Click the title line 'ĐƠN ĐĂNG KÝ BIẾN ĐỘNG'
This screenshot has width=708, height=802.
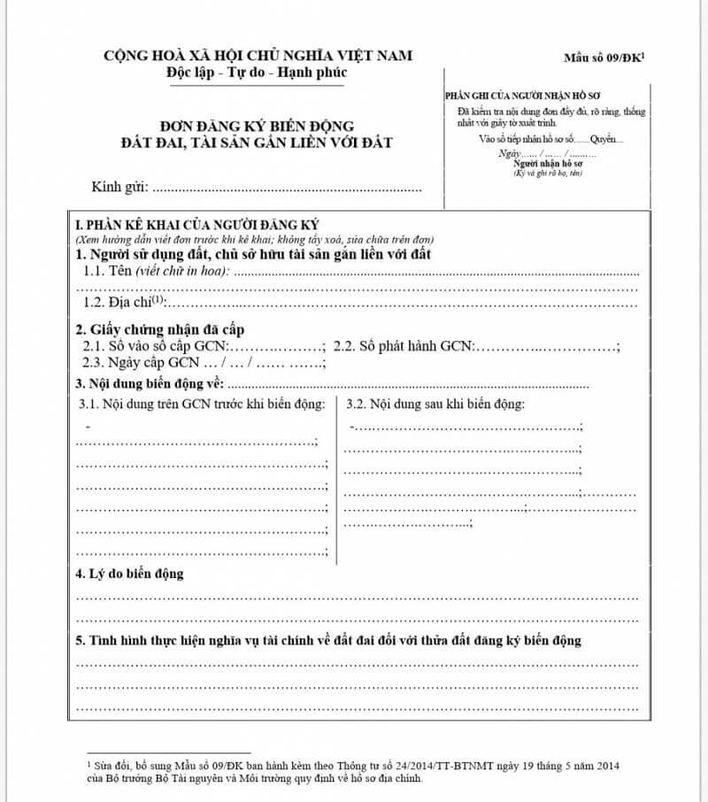click(258, 127)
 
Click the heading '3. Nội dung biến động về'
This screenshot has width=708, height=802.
click(151, 384)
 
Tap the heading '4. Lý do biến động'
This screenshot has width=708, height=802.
click(130, 574)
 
